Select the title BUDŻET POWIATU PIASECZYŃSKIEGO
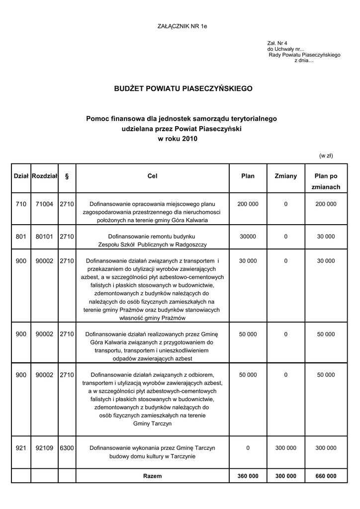183,88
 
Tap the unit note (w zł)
326,156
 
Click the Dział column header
21,176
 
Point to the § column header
67,176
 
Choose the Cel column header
153,176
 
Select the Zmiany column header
285,176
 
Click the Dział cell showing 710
21,204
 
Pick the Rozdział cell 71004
44,204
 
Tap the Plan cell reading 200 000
248,204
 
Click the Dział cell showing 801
21,237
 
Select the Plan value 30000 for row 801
248,237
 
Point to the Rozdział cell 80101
44,237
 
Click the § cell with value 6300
67,448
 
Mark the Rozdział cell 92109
44,448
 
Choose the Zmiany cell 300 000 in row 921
285,448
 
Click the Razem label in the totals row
152,476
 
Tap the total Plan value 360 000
248,476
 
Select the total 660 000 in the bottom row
326,476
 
